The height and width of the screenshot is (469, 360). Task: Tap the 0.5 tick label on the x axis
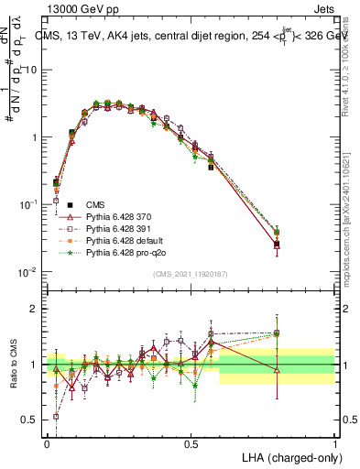click(191, 442)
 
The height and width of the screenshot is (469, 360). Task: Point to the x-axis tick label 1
click(334, 442)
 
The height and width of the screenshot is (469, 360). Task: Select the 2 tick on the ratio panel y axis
click(33, 309)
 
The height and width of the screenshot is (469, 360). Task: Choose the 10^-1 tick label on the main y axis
click(27, 205)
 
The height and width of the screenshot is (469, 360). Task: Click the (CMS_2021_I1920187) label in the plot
click(191, 274)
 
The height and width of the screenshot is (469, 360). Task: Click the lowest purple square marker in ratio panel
click(56, 416)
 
